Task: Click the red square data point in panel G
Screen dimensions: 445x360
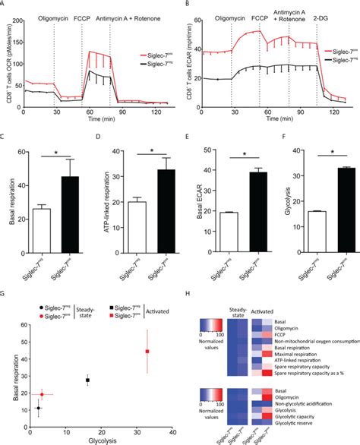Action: tap(147, 352)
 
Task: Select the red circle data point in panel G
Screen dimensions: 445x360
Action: tap(43, 394)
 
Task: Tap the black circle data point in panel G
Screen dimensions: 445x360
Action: tap(38, 409)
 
